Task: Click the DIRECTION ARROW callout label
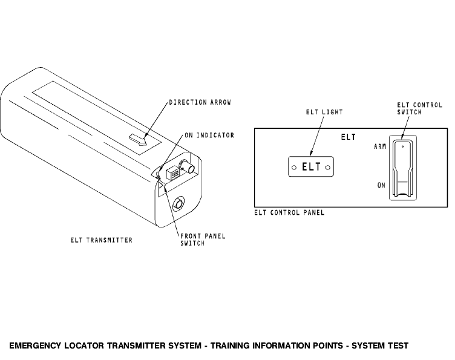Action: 200,102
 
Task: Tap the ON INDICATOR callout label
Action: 209,135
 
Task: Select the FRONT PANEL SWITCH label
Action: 203,240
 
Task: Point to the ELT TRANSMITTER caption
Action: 102,240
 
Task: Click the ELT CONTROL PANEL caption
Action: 289,212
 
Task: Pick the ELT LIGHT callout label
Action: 324,112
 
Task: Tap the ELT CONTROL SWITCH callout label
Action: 419,108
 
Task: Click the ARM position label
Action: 380,146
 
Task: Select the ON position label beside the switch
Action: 381,185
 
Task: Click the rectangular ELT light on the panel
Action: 311,167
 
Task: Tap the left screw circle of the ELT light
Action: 294,168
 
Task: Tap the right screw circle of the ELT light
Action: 328,168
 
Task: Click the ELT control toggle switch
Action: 402,168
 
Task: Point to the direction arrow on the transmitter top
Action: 139,140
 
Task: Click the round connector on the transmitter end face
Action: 178,204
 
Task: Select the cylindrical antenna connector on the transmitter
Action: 188,167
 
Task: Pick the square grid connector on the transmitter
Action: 173,173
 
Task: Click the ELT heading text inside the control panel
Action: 349,137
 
